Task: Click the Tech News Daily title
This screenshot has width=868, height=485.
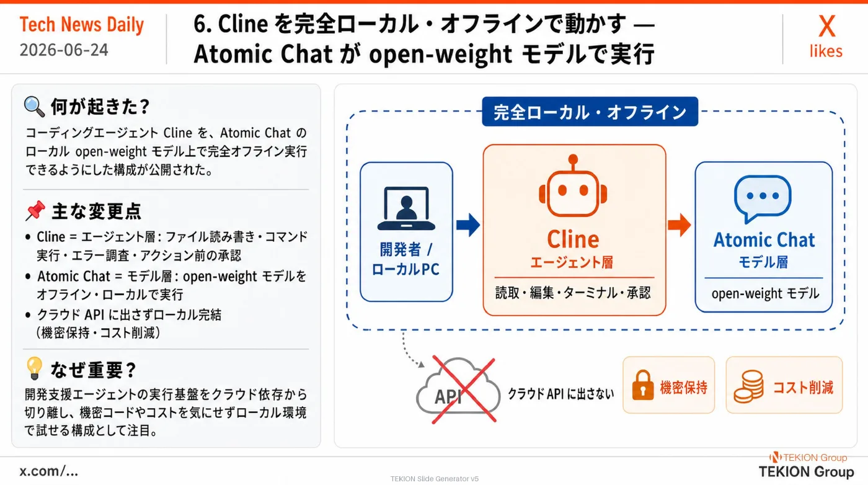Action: click(82, 25)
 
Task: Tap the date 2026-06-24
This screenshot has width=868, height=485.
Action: click(64, 50)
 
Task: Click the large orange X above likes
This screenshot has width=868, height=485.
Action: click(826, 27)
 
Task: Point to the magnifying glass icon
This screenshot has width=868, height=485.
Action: click(34, 106)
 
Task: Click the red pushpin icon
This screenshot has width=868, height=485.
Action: click(35, 210)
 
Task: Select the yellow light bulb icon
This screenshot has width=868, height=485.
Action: click(34, 368)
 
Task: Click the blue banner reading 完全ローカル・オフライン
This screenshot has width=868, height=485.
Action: click(590, 112)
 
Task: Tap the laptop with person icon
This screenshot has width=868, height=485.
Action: click(406, 208)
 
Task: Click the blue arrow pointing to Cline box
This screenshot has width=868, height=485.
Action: click(468, 225)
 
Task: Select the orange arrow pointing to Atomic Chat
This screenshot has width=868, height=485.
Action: click(680, 225)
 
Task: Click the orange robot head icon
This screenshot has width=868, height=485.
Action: click(573, 185)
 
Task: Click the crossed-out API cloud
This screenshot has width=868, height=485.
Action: click(459, 389)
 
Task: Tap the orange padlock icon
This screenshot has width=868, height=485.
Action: click(643, 385)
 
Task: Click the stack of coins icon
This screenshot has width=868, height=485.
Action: click(749, 386)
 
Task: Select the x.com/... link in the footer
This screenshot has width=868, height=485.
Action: click(49, 471)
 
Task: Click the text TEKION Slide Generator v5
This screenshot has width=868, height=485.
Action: click(435, 479)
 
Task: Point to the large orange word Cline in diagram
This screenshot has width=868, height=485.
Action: click(573, 239)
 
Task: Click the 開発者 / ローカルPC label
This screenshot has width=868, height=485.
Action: click(405, 259)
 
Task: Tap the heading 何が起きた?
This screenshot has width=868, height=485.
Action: click(100, 107)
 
